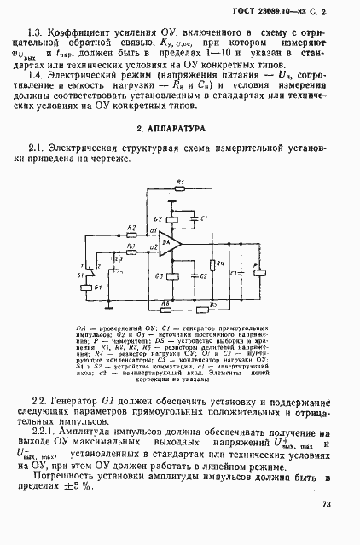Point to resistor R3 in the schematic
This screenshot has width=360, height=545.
(131, 252)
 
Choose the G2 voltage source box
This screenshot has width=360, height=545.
(171, 220)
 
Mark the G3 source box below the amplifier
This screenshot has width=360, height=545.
(171, 275)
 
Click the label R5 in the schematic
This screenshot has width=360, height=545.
(165, 303)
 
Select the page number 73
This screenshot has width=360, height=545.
(327, 505)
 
